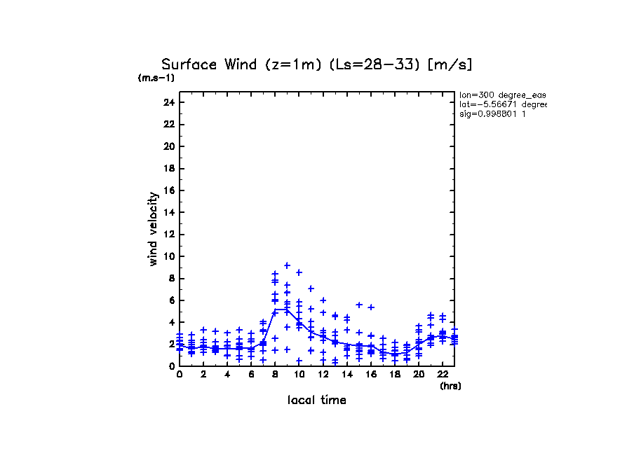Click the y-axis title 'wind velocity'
point(153,229)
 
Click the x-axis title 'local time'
point(316,400)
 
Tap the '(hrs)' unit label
point(450,386)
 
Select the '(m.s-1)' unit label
point(156,78)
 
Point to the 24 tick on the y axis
point(168,102)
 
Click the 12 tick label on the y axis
point(168,234)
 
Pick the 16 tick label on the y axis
point(168,190)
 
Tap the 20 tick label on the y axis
point(168,146)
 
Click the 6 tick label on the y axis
point(170,300)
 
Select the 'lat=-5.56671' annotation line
point(502,104)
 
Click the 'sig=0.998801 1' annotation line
point(492,114)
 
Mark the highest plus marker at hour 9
point(287,265)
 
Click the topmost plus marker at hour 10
point(299,272)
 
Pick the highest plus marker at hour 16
point(371,307)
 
